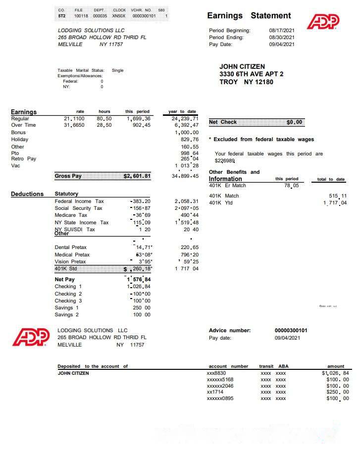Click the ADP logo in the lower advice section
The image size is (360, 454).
[31, 337]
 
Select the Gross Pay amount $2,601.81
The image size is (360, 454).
[137, 176]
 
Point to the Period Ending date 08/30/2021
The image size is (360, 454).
[282, 38]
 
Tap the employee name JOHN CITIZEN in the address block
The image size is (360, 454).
[242, 67]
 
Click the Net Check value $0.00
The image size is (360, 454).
[295, 122]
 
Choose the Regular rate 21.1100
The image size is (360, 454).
[74, 119]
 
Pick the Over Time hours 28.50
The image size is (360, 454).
[104, 126]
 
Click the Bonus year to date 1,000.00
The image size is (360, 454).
[186, 133]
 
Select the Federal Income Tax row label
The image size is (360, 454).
[79, 202]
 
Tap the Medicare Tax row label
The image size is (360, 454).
[71, 215]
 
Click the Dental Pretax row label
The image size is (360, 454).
[70, 248]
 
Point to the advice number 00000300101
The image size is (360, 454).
[291, 331]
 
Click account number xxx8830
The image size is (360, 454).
[216, 373]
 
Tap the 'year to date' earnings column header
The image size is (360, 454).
[182, 111]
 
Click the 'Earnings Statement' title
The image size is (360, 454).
[249, 16]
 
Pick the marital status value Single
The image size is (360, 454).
[117, 70]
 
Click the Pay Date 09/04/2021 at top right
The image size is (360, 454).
[282, 45]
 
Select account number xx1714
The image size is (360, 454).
[215, 392]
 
